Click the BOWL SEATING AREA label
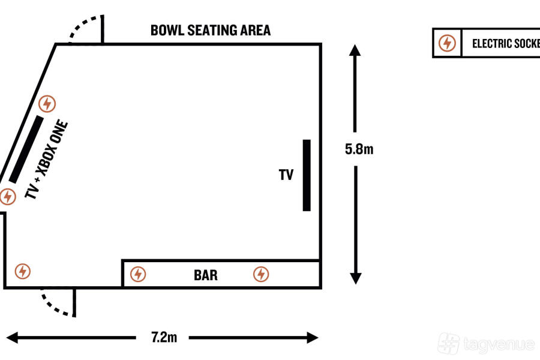(x=211, y=30)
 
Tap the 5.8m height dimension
(x=359, y=149)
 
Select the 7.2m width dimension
(x=163, y=337)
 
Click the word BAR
(x=206, y=275)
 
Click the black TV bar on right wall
(x=307, y=175)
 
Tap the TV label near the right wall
(x=286, y=175)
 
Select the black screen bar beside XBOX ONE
(x=26, y=149)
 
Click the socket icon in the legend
(x=447, y=43)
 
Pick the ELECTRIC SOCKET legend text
(x=504, y=43)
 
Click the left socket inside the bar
(x=138, y=274)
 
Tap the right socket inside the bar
(x=260, y=274)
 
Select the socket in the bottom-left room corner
(x=23, y=271)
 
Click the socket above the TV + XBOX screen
(x=47, y=104)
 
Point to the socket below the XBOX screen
(x=7, y=196)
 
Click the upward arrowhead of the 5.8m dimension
(x=355, y=50)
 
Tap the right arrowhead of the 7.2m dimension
(x=313, y=338)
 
